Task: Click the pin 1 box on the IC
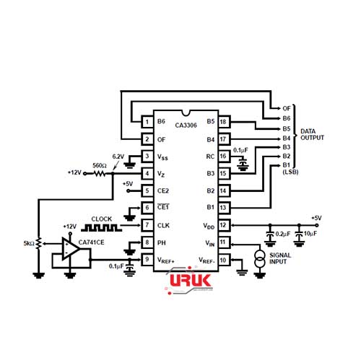[x=147, y=122]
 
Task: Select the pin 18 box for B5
[x=224, y=122]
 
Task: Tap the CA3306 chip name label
[x=186, y=125]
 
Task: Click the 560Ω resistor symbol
[x=99, y=173]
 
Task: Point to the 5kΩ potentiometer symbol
[x=38, y=244]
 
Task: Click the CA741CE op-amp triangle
[x=70, y=249]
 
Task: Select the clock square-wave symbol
[x=101, y=227]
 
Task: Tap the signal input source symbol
[x=260, y=259]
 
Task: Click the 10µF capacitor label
[x=310, y=234]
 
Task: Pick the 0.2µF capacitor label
[x=283, y=234]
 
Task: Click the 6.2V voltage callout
[x=118, y=157]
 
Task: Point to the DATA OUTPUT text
[x=312, y=135]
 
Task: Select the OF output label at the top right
[x=287, y=108]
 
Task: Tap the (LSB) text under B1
[x=290, y=172]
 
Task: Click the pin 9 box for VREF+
[x=147, y=260]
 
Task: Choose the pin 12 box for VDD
[x=224, y=225]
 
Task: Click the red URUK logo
[x=191, y=281]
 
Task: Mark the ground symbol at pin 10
[x=242, y=272]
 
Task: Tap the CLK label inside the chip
[x=163, y=225]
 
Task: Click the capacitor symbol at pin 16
[x=243, y=164]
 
